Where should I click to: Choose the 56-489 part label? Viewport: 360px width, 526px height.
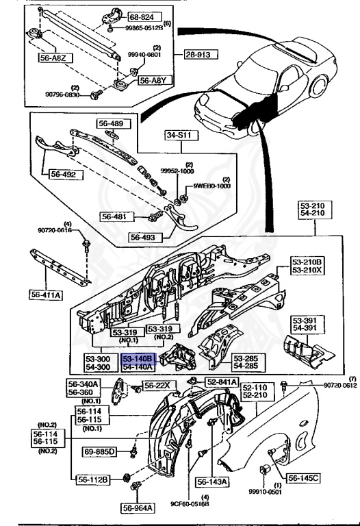coord(111,124)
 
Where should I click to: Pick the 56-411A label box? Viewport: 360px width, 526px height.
coord(46,295)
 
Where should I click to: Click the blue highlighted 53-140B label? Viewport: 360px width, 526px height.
coord(138,358)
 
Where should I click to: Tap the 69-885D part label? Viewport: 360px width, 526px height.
coord(99,452)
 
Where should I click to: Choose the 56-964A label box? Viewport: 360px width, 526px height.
coord(138,508)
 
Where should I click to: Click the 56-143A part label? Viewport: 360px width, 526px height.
coord(214,481)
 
